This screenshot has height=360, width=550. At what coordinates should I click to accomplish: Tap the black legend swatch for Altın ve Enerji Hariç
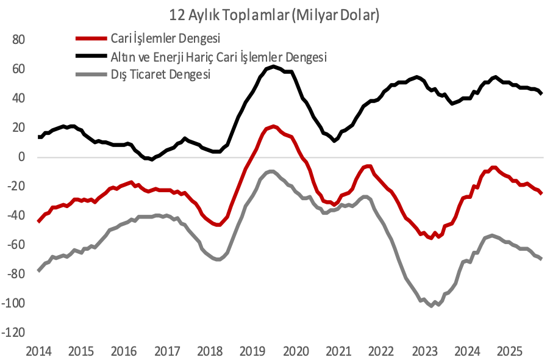tap(91, 57)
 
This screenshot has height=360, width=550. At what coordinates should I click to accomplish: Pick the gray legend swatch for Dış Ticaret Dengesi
tap(91, 75)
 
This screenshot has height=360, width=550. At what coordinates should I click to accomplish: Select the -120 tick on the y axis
tap(13, 333)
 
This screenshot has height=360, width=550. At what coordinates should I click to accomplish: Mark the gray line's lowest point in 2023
tap(431, 305)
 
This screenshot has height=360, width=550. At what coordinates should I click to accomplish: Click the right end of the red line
tap(541, 193)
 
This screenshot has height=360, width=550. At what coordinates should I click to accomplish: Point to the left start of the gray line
tap(38, 270)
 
